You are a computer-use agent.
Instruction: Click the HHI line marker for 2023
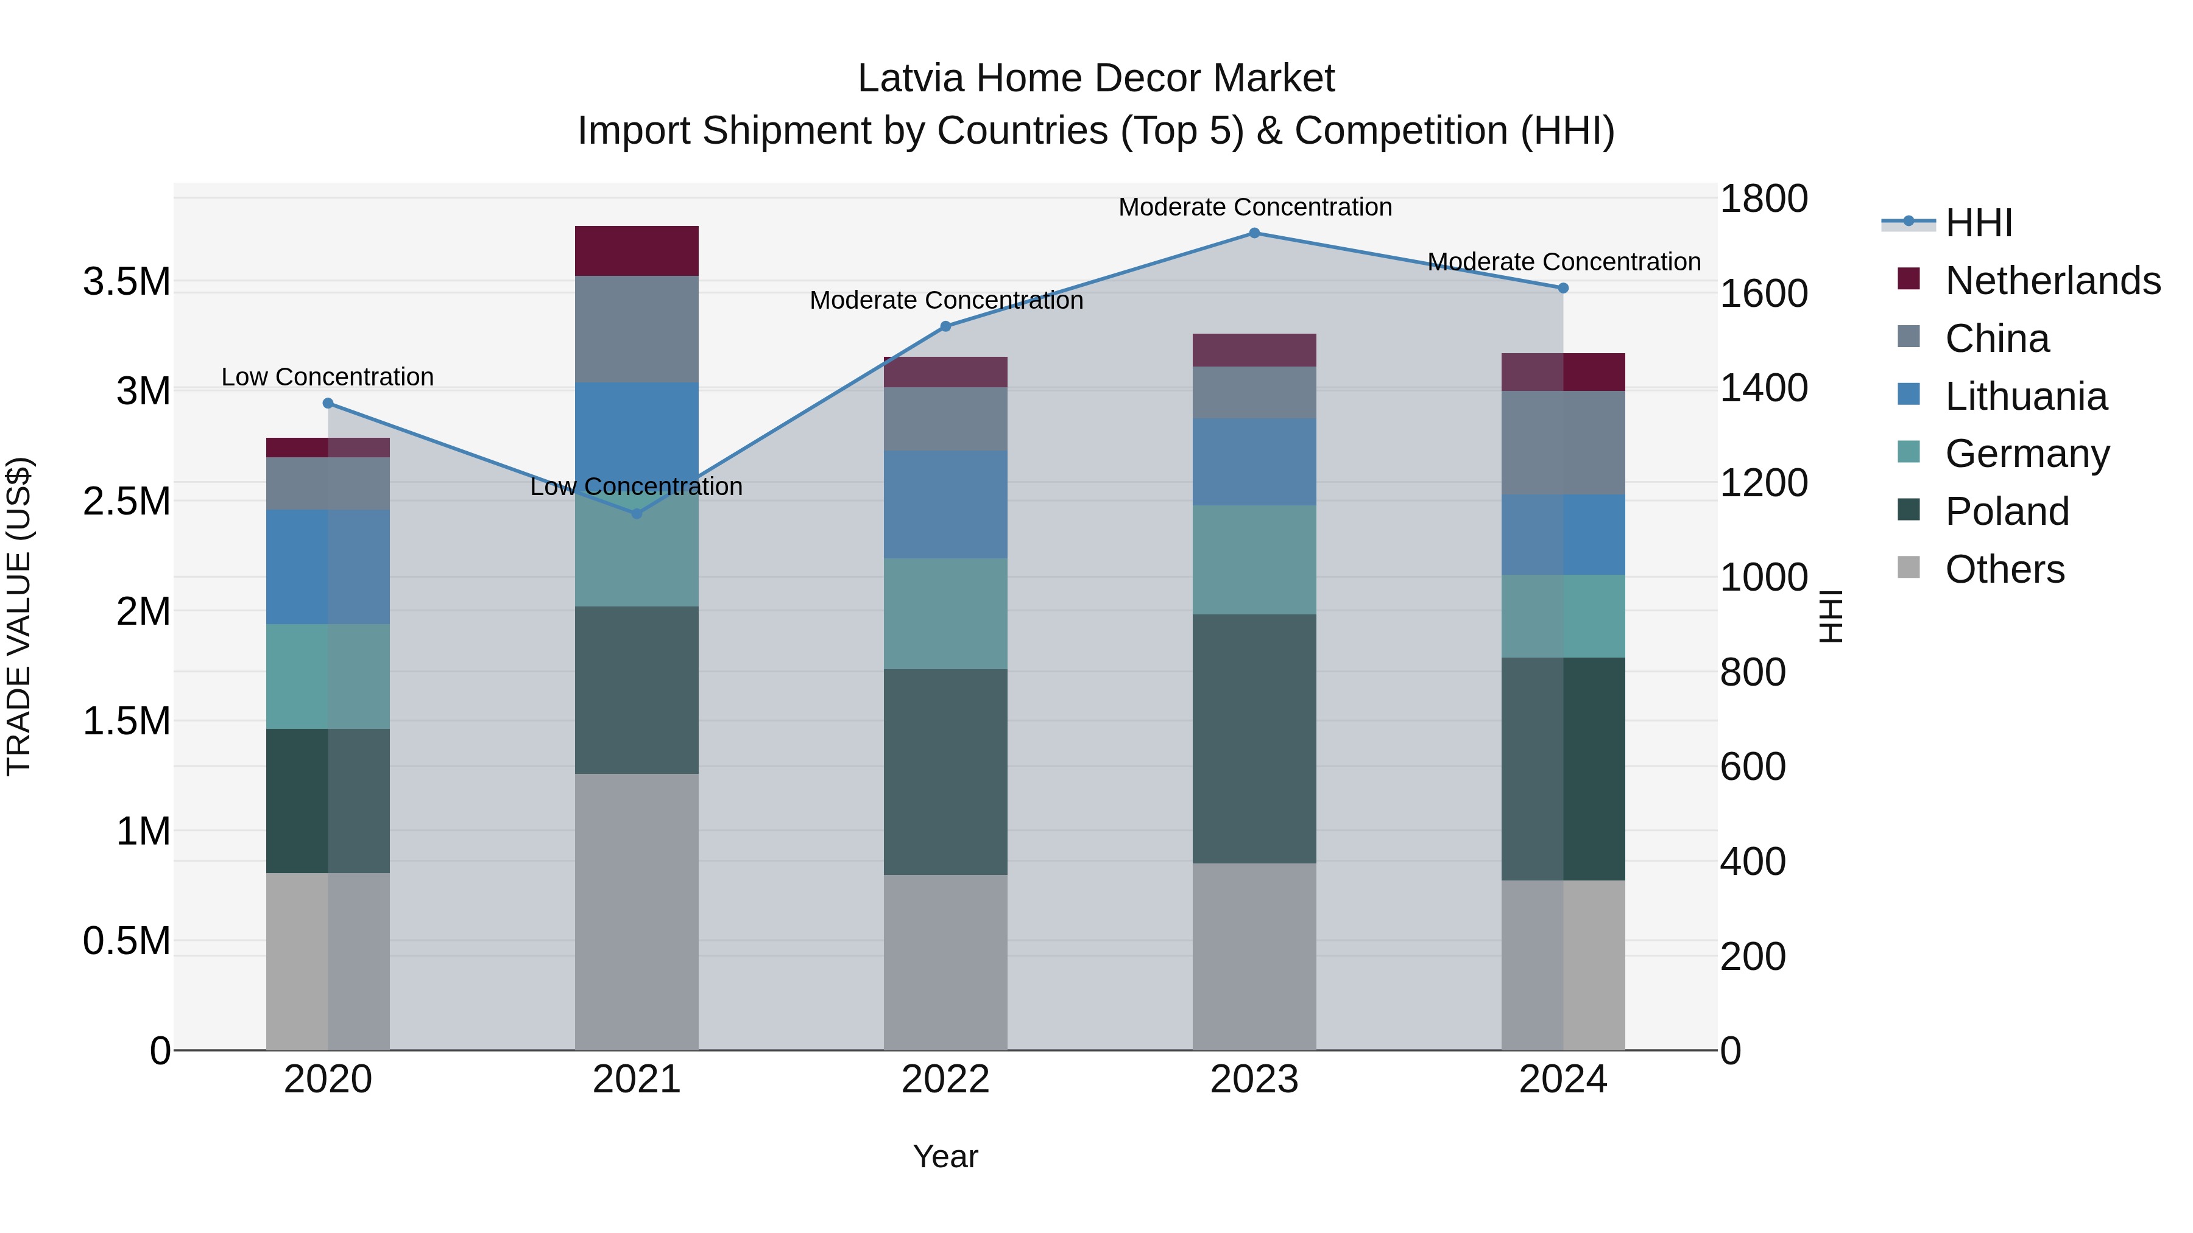1254,233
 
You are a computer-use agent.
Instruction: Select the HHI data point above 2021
637,513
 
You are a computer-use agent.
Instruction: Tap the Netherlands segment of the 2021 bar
637,251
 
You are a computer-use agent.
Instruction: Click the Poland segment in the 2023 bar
1254,739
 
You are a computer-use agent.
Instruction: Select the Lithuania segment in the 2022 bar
945,505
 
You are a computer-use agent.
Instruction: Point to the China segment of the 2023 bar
1254,392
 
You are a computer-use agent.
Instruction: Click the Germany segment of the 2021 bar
637,553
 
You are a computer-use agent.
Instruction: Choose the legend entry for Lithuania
2026,396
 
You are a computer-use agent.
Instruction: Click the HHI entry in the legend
1979,223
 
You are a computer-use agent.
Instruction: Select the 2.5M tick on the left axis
128,501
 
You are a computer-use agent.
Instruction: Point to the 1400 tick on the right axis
1763,388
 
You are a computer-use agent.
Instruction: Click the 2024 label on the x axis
1563,1080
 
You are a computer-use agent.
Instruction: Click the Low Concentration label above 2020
328,377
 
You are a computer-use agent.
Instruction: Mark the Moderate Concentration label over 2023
1255,207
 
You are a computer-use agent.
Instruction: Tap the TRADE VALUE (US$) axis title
19,616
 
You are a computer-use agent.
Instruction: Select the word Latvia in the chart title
910,79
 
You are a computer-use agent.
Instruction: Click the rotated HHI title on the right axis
1831,616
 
